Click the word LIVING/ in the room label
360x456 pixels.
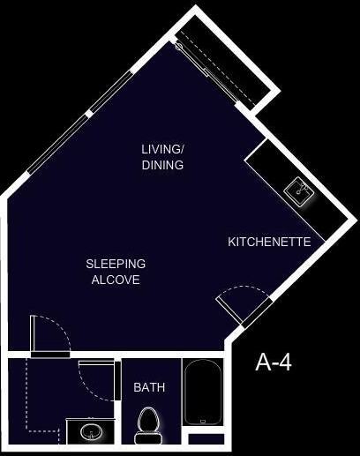162,148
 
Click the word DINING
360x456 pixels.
162,164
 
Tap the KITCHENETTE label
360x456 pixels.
269,242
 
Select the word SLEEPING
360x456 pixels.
116,264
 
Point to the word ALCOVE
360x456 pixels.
116,280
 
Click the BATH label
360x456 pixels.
149,387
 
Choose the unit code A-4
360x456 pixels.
274,362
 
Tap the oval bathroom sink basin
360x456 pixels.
91,432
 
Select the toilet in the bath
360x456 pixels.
148,421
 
